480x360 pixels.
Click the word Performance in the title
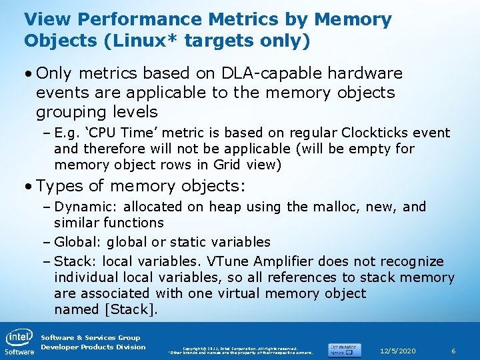(133, 19)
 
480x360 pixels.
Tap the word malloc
(310, 207)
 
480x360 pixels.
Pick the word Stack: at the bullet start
(74, 261)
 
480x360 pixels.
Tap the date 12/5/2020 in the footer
(397, 351)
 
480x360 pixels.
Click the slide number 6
(453, 351)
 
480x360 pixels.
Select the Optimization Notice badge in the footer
(344, 349)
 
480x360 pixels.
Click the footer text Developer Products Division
(93, 347)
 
